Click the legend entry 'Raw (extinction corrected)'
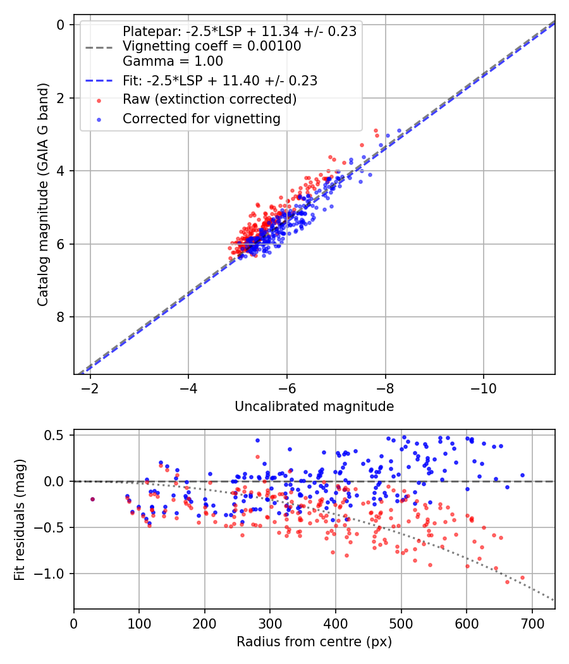point(209,99)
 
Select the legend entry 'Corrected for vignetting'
point(201,118)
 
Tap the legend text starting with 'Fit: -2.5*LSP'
point(219,80)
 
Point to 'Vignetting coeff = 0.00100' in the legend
point(212,46)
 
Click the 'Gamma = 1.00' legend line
point(173,61)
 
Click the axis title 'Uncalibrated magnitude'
point(314,407)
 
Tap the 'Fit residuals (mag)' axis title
point(20,519)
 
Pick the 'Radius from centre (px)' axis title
point(314,642)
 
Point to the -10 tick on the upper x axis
point(483,387)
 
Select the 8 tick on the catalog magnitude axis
point(61,317)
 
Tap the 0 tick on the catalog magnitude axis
point(61,25)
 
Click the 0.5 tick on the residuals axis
point(57,435)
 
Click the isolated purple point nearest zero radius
point(92,499)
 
